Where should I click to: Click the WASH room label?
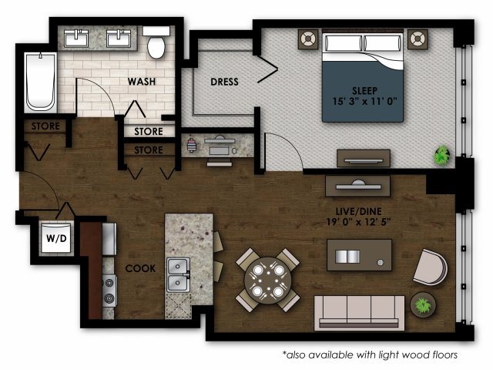click(x=143, y=80)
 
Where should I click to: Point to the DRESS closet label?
click(x=224, y=82)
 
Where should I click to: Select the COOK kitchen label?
click(x=141, y=268)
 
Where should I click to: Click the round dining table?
click(x=266, y=280)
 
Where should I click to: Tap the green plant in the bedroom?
click(x=441, y=156)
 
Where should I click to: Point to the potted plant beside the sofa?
click(x=423, y=304)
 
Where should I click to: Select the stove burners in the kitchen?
click(x=109, y=291)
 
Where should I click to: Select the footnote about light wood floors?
click(x=370, y=355)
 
